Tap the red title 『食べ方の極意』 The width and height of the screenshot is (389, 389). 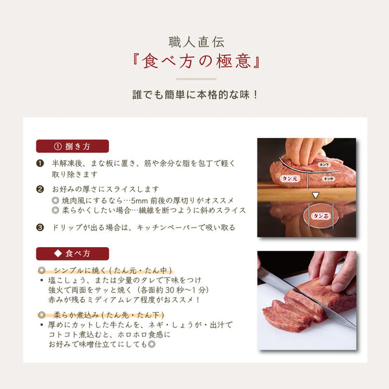click(195, 62)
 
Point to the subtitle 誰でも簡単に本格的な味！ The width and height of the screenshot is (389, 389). click(195, 94)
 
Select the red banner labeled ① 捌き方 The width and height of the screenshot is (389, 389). click(72, 146)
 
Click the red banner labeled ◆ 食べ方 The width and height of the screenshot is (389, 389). click(72, 253)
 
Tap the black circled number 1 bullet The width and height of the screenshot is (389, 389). click(40, 163)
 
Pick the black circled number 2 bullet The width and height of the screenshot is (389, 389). click(40, 189)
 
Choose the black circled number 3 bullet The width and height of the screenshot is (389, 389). click(40, 228)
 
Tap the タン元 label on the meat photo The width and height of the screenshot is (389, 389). click(288, 177)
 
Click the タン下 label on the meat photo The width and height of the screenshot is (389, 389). click(324, 165)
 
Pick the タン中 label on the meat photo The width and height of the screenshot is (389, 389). click(329, 179)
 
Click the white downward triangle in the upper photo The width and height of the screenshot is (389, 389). click(316, 194)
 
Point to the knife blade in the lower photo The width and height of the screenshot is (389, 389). click(298, 294)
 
